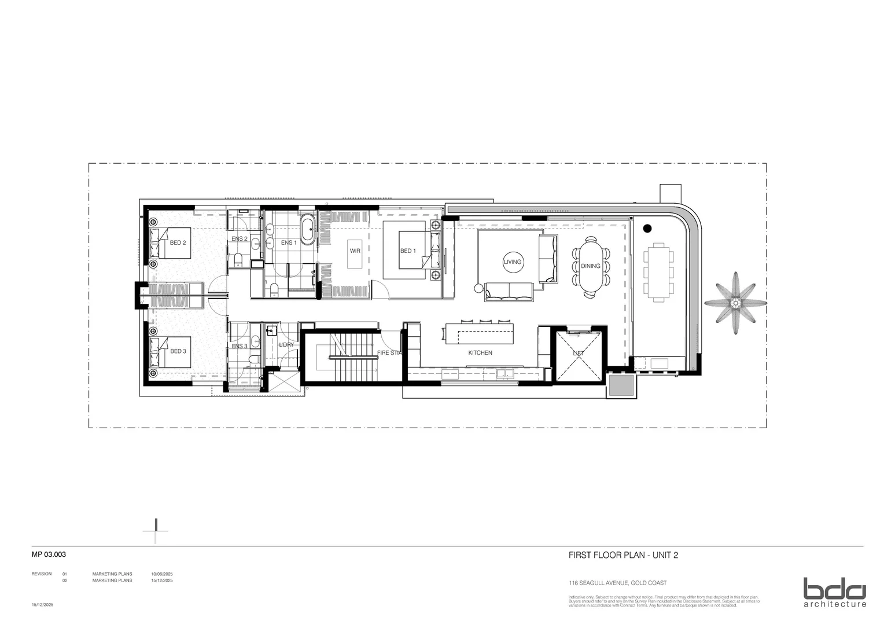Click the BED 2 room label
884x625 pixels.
pyautogui.click(x=178, y=243)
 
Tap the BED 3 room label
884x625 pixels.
pyautogui.click(x=178, y=351)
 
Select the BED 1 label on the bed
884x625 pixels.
pyautogui.click(x=408, y=251)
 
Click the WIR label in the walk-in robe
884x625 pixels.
pyautogui.click(x=355, y=251)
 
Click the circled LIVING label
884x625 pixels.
pyautogui.click(x=512, y=262)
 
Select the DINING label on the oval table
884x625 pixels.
pyautogui.click(x=591, y=266)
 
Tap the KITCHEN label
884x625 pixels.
pyautogui.click(x=480, y=352)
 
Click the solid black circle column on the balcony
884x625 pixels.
pyautogui.click(x=647, y=228)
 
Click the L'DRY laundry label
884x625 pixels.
pyautogui.click(x=286, y=345)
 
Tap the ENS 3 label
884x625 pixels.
pyautogui.click(x=240, y=347)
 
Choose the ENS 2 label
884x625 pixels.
pyautogui.click(x=240, y=239)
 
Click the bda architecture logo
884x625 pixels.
pyautogui.click(x=834, y=592)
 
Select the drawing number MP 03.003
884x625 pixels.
pyautogui.click(x=49, y=554)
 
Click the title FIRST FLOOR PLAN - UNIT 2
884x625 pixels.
pyautogui.click(x=623, y=556)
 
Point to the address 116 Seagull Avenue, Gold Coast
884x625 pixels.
pyautogui.click(x=617, y=583)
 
